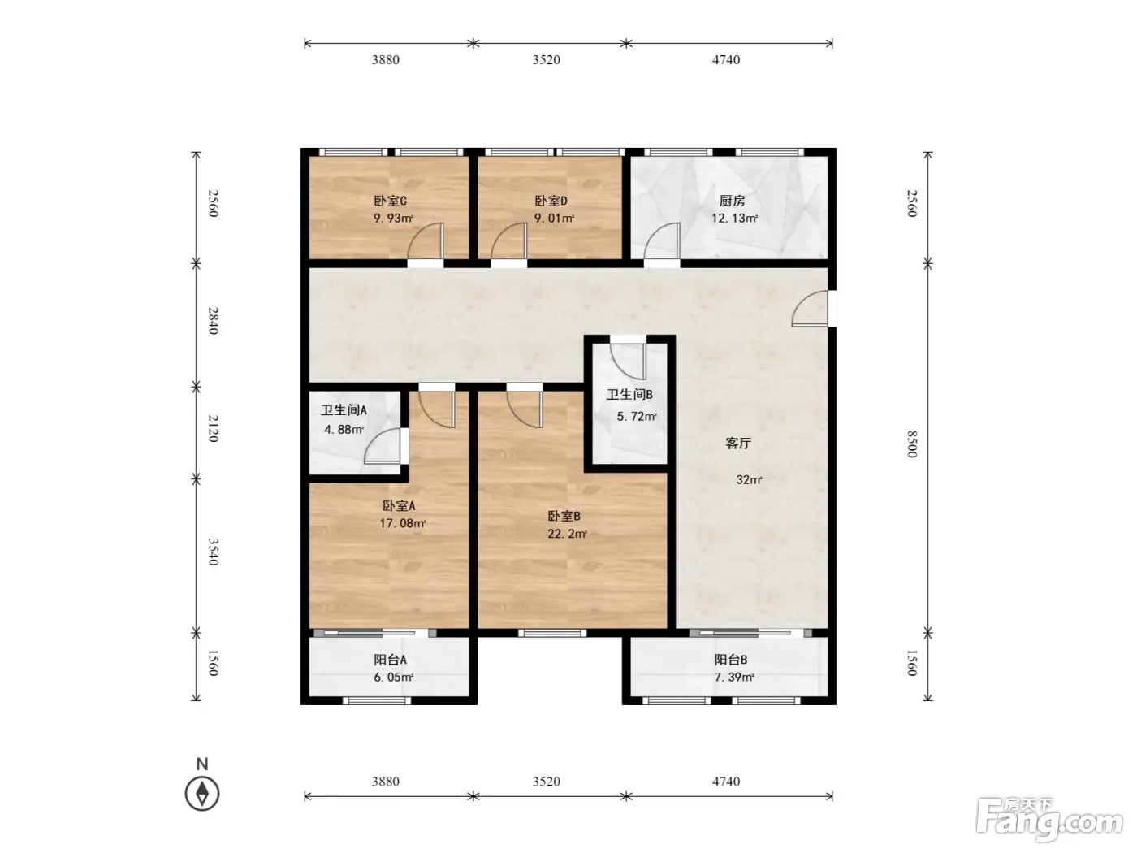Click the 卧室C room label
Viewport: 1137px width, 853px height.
click(x=390, y=201)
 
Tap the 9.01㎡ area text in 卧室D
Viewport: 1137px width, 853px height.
click(x=554, y=218)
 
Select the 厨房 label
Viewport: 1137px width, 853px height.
click(x=732, y=201)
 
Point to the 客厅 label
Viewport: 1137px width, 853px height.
click(x=738, y=444)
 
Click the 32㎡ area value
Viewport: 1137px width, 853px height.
click(x=749, y=480)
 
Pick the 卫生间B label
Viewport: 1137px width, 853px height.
click(x=629, y=395)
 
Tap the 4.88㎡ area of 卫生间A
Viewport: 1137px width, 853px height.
click(x=344, y=430)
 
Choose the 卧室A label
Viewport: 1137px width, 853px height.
click(x=399, y=505)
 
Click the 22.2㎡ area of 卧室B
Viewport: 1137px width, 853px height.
click(x=567, y=534)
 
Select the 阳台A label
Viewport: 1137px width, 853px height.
click(x=390, y=660)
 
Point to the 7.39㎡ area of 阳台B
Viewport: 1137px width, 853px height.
click(x=734, y=677)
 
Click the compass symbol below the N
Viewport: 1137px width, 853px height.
click(x=202, y=794)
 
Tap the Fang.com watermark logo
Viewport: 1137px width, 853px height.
click(x=1049, y=820)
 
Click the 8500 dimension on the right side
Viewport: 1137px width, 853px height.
click(x=912, y=444)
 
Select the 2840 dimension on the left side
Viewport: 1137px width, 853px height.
click(x=214, y=321)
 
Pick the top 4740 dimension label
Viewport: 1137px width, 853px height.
click(x=726, y=60)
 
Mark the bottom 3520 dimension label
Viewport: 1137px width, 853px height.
click(x=546, y=781)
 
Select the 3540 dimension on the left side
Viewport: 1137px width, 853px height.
click(x=214, y=552)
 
